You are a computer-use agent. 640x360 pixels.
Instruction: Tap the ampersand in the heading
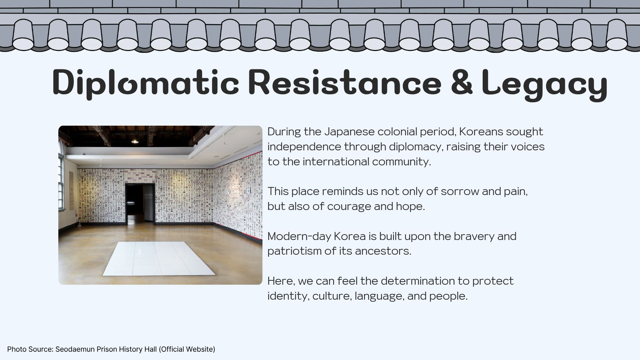(462, 82)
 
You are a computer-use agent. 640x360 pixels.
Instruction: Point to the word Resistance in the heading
(345, 82)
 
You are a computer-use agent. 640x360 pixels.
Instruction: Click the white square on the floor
(159, 259)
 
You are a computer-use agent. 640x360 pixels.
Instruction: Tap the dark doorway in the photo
(140, 203)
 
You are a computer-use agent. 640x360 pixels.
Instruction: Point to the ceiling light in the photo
(135, 141)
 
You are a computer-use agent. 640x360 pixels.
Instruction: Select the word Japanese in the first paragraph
(349, 132)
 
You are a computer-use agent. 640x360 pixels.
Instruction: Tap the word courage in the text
(349, 207)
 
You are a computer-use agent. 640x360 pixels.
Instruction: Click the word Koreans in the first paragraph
(481, 132)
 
